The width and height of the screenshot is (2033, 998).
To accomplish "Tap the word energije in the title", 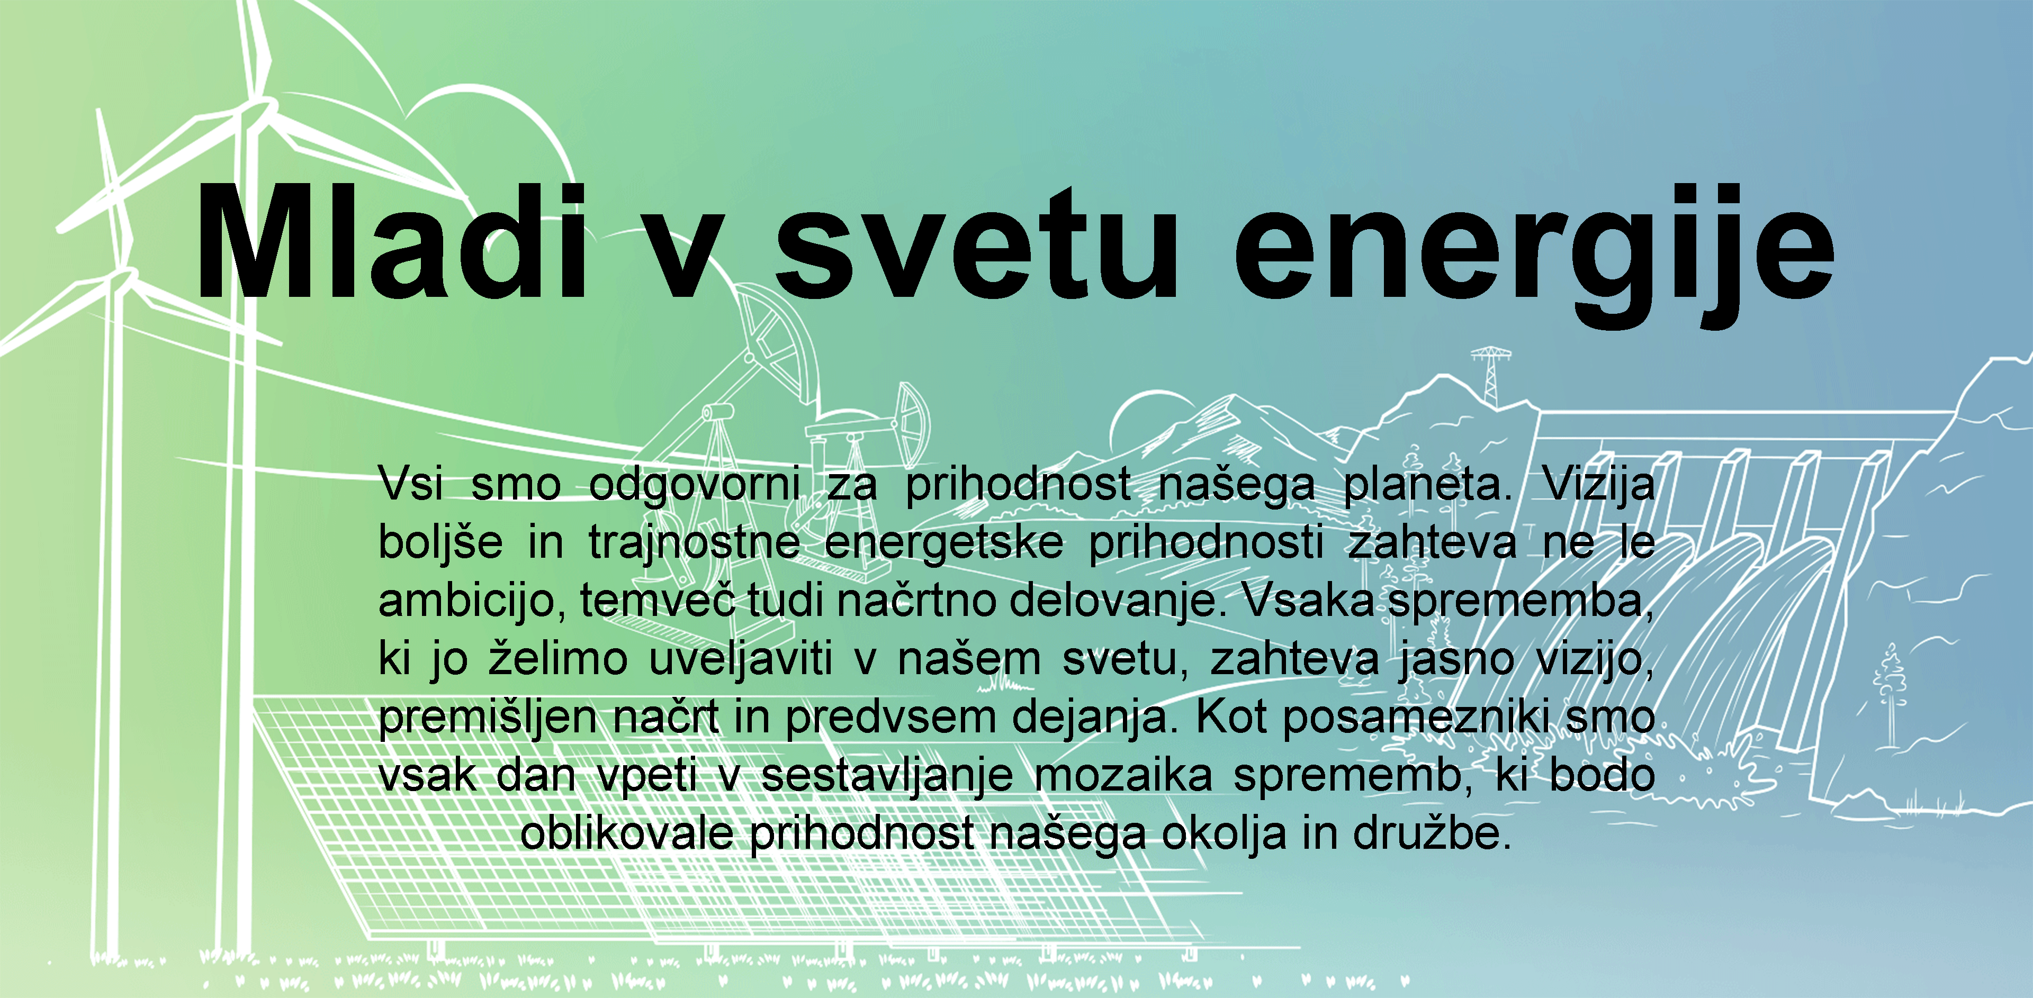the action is [1533, 252].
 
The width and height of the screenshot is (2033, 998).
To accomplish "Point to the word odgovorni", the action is [695, 484].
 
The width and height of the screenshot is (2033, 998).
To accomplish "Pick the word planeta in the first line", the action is [1427, 484].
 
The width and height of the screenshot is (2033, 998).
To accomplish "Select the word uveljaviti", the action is [740, 659].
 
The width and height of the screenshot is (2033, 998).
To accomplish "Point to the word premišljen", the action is [488, 719].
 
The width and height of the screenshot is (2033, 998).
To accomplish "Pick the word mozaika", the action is [1122, 776].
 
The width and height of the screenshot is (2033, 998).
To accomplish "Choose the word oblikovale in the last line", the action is [627, 833].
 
